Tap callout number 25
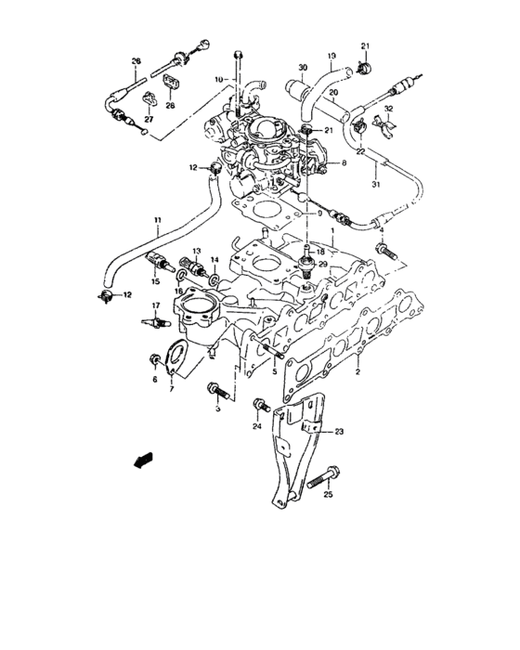tap(327, 495)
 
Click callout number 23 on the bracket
tap(339, 432)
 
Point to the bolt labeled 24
tap(261, 406)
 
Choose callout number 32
tap(389, 110)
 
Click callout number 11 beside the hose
tap(157, 220)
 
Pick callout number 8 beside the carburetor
tap(343, 163)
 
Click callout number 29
tap(323, 265)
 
